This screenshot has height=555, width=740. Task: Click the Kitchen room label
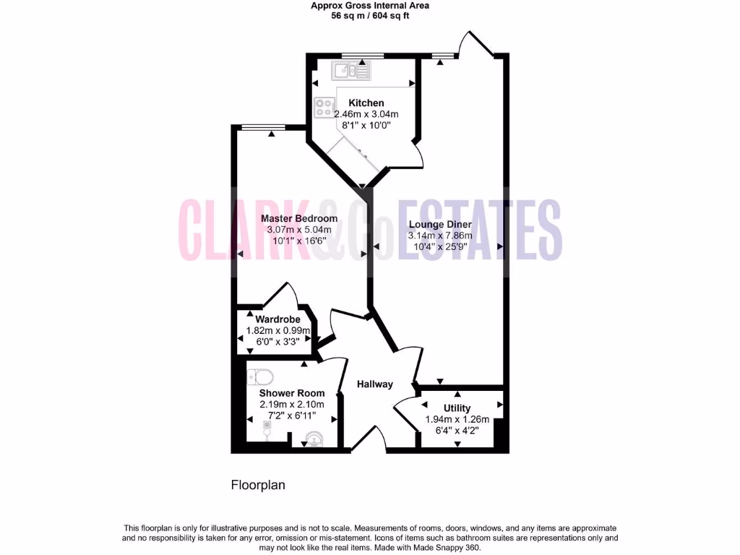coord(366,103)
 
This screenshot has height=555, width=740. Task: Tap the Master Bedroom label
coord(299,218)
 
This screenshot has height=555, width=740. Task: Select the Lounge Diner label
coord(440,224)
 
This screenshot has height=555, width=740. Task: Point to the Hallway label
coord(375,384)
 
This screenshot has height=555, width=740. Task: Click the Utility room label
coord(457,408)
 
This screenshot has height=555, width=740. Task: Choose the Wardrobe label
coord(277,319)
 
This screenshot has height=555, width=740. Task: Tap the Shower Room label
coord(292,393)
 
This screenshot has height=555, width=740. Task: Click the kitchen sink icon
coord(350,70)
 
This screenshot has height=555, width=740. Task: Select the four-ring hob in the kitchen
coord(324,108)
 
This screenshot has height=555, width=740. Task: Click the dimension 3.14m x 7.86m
coord(440,235)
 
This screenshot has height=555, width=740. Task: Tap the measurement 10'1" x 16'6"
coord(298,240)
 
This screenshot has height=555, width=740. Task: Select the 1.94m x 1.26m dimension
coord(457,419)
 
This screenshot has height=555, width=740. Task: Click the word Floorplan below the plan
coord(258,485)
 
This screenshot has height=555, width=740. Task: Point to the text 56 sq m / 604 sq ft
coord(370,16)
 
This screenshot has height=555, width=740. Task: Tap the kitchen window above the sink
coord(362,55)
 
